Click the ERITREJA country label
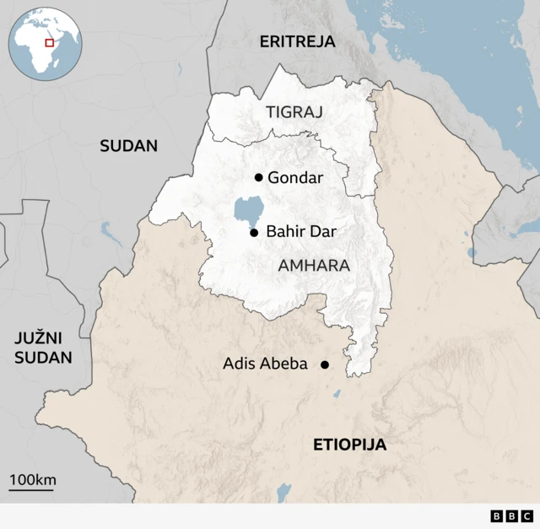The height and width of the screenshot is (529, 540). point(297,41)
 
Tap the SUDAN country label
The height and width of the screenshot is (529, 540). point(128,145)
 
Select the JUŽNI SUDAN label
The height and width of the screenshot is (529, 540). point(42,348)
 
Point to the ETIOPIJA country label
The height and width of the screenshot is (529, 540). point(349,445)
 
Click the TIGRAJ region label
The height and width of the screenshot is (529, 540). point(294,111)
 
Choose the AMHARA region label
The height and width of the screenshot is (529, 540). point(313,265)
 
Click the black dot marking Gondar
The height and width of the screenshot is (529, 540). point(258,177)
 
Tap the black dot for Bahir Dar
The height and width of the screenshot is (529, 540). point(254,232)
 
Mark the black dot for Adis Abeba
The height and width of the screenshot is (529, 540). point(324,364)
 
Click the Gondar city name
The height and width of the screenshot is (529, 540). point(294,177)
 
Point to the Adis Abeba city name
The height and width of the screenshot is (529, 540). point(265,364)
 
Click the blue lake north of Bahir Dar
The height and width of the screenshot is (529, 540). point(247,208)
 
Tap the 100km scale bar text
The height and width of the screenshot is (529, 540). point(32,480)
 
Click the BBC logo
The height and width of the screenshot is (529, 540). point(511,516)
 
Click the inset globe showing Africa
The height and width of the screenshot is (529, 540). point(44,44)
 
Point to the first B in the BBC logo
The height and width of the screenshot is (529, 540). point(496,516)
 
